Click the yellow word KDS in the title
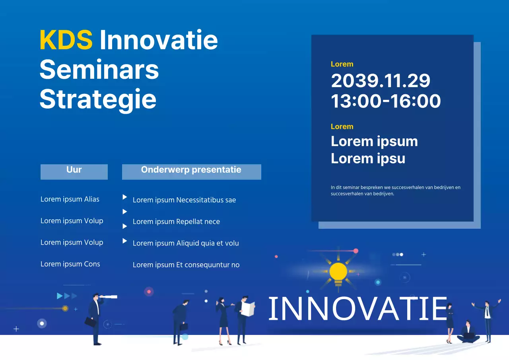66,40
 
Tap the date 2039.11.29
381,81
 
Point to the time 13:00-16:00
386,101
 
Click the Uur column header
74,170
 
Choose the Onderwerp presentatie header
191,170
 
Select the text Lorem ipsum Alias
70,199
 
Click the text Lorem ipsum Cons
70,264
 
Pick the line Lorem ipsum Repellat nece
176,222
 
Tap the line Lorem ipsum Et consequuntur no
186,265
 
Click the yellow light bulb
338,272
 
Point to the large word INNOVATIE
358,309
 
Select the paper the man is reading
248,309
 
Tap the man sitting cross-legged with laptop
468,333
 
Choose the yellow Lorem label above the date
342,64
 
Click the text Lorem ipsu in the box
368,158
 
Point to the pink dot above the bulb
356,251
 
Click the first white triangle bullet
124,197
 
